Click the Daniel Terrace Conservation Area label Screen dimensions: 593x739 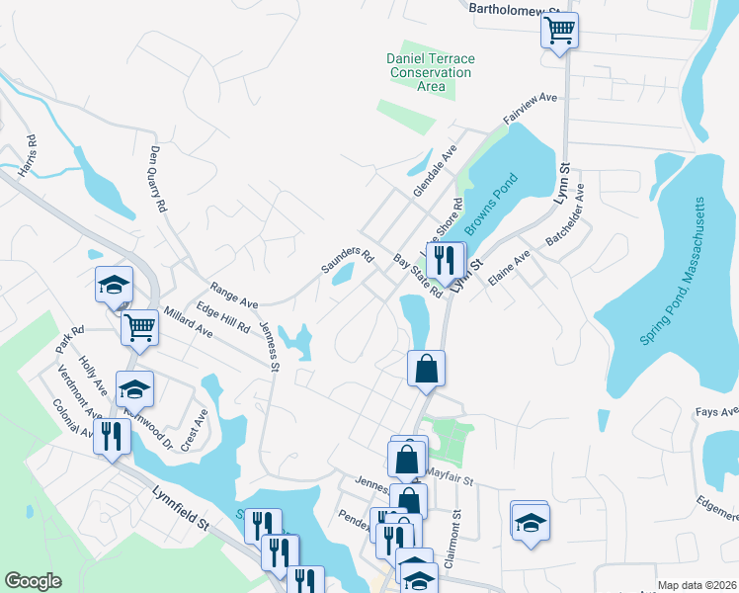tap(430, 72)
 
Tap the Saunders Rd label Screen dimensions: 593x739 tap(347, 261)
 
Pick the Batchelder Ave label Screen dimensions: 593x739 tap(564, 214)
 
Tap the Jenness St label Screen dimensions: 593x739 tap(269, 345)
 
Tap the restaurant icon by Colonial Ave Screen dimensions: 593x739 tap(112, 435)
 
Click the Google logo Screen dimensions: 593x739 tap(33, 581)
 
